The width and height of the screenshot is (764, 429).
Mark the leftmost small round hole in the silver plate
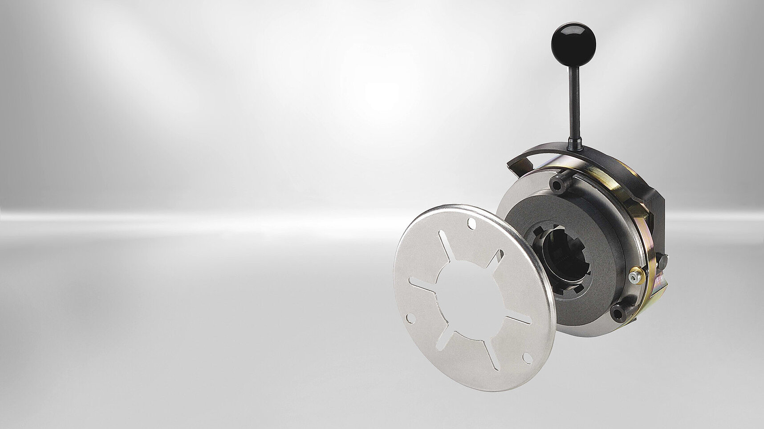[410, 316]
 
